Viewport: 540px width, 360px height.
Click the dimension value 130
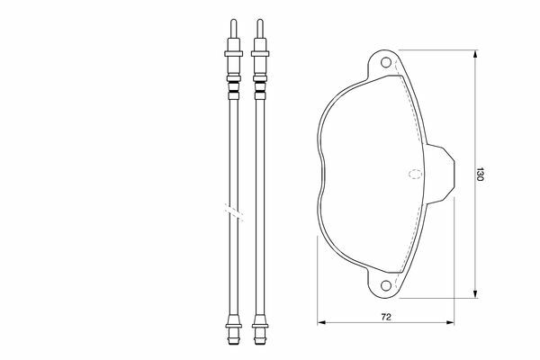[480, 175]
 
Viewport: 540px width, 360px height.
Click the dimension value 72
[386, 317]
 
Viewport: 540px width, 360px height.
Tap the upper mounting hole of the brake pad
[386, 62]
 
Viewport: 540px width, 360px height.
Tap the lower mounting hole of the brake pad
[386, 285]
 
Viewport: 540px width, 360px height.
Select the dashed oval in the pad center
[415, 174]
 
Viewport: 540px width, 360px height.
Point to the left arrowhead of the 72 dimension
[321, 322]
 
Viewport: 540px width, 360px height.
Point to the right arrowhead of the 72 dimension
[450, 322]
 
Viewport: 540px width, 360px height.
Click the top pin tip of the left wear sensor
[233, 21]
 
